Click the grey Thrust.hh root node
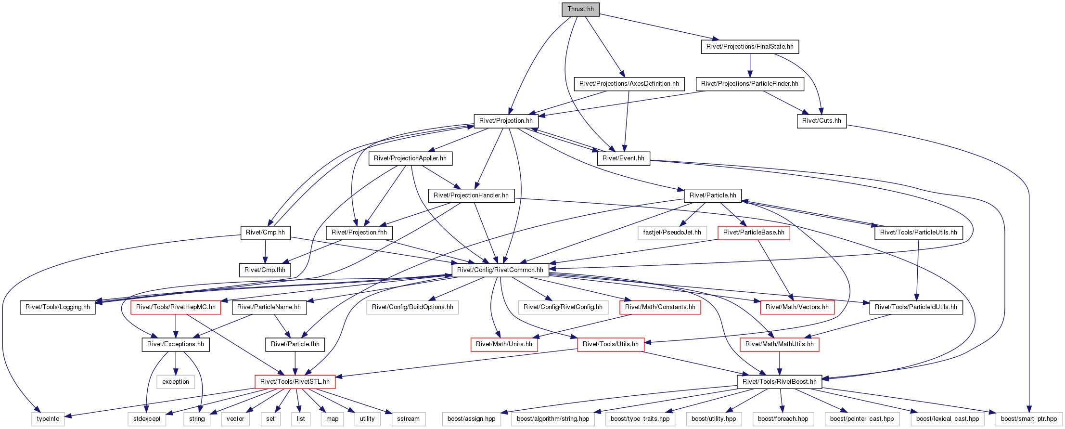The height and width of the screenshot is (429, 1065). tap(580, 9)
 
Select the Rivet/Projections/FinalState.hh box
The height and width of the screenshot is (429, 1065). tap(750, 47)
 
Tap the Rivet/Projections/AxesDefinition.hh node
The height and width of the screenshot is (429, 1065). tap(629, 84)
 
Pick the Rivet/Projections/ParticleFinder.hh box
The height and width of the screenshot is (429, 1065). tap(750, 84)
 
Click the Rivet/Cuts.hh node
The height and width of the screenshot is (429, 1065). tap(821, 121)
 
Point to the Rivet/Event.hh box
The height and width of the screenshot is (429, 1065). tap(623, 158)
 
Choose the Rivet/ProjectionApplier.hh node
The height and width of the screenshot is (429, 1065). tap(410, 158)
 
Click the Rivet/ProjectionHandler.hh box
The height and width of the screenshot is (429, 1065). tap(471, 195)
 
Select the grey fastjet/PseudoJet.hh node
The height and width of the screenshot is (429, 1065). tap(672, 233)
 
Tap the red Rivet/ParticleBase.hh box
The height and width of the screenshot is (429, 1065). tap(754, 233)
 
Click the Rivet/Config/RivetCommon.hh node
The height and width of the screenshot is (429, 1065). tap(500, 270)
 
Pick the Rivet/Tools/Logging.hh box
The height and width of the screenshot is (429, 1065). tap(58, 307)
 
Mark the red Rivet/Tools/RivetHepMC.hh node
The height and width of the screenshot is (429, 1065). tap(176, 307)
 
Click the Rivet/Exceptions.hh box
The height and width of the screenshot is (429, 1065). tap(176, 344)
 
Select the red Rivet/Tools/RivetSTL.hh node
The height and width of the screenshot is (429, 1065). tap(295, 382)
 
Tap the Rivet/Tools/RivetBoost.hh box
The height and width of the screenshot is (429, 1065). tap(780, 382)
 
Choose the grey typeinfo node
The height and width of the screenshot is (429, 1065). tap(48, 419)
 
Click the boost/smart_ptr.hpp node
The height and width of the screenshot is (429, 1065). tap(1029, 419)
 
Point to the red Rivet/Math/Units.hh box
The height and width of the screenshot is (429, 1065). tap(504, 344)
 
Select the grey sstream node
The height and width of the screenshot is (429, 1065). tap(408, 419)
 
